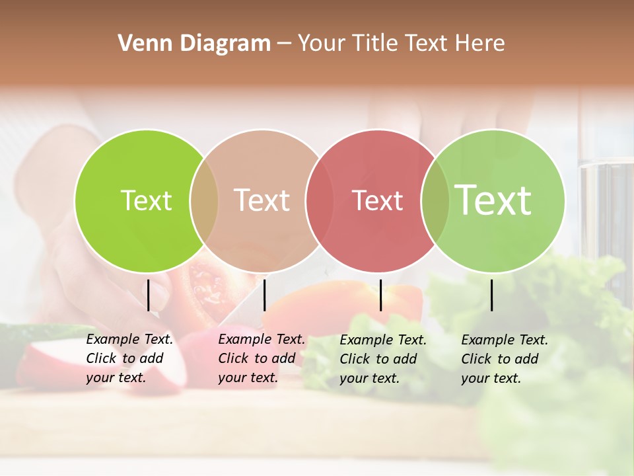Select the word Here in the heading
481,44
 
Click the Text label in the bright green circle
146,200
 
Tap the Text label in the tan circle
262,200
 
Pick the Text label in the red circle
378,200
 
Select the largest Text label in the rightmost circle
493,200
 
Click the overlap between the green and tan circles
204,200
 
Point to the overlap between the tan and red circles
319,200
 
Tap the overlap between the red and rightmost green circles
435,200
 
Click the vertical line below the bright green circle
149,295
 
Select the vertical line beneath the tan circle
264,295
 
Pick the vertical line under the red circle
380,295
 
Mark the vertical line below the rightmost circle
491,295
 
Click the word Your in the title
321,44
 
